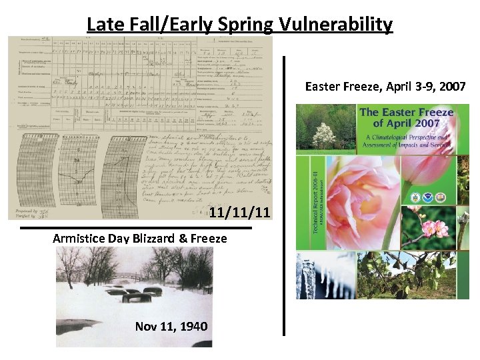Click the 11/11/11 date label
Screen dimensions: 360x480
pyautogui.click(x=239, y=213)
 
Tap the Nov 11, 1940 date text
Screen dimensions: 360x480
pyautogui.click(x=171, y=327)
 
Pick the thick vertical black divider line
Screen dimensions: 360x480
pyautogui.click(x=285, y=193)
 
